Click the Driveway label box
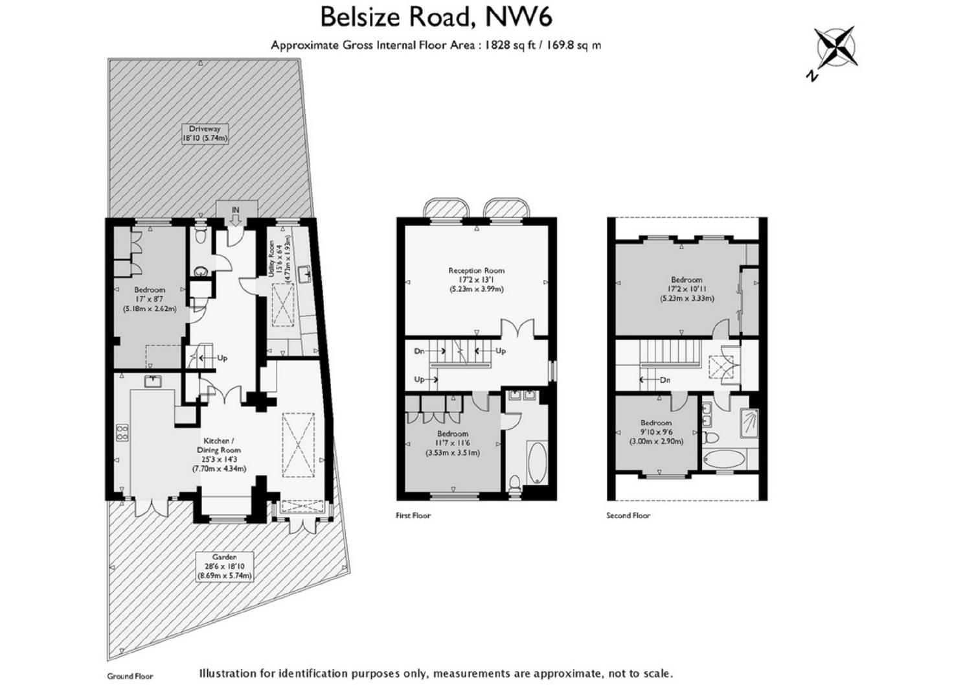click(x=205, y=134)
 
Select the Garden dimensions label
click(x=224, y=566)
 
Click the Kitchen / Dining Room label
click(x=219, y=454)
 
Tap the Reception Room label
click(x=477, y=280)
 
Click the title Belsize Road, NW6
click(x=436, y=17)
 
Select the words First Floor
click(x=413, y=515)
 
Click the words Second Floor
click(x=628, y=515)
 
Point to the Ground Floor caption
click(x=130, y=676)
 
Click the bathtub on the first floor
click(x=537, y=463)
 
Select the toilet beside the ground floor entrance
click(x=201, y=235)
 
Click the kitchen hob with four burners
click(x=122, y=432)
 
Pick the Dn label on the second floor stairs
click(x=665, y=380)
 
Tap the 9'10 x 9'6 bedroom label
click(x=656, y=432)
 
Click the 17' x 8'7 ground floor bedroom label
click(x=150, y=299)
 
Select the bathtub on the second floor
click(x=723, y=459)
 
